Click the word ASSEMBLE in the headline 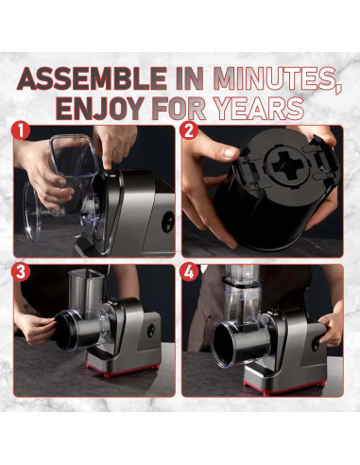click(x=92, y=79)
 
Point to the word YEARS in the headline click(x=259, y=109)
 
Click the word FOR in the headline click(x=180, y=109)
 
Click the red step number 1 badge click(x=21, y=131)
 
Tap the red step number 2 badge click(x=189, y=131)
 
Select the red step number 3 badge click(x=21, y=272)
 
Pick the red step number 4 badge click(x=189, y=272)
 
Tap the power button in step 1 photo click(x=167, y=221)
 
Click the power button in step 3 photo click(x=151, y=331)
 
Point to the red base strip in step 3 click(x=123, y=370)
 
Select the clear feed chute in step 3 click(x=86, y=291)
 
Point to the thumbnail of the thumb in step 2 click(x=231, y=152)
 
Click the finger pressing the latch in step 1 click(x=108, y=158)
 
